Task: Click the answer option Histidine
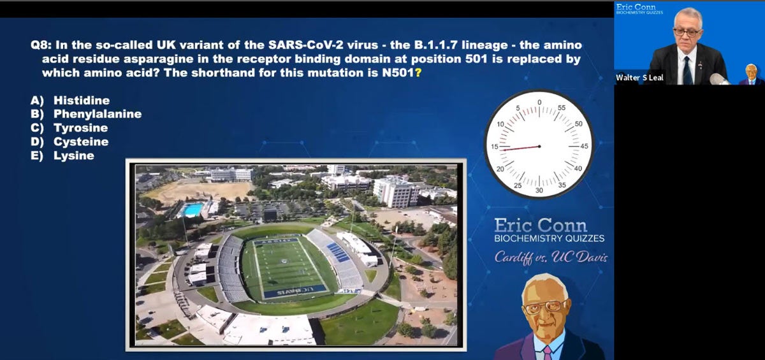click(81, 101)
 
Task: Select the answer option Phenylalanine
click(97, 114)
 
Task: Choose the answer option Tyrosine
click(80, 128)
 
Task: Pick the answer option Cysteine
click(80, 142)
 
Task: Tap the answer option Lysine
click(73, 156)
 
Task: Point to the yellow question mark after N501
click(418, 73)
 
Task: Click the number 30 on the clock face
click(539, 190)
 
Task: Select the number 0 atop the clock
click(539, 102)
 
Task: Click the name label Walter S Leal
click(639, 78)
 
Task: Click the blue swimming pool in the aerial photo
click(193, 210)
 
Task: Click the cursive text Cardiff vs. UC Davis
click(551, 258)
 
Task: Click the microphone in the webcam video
click(719, 78)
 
